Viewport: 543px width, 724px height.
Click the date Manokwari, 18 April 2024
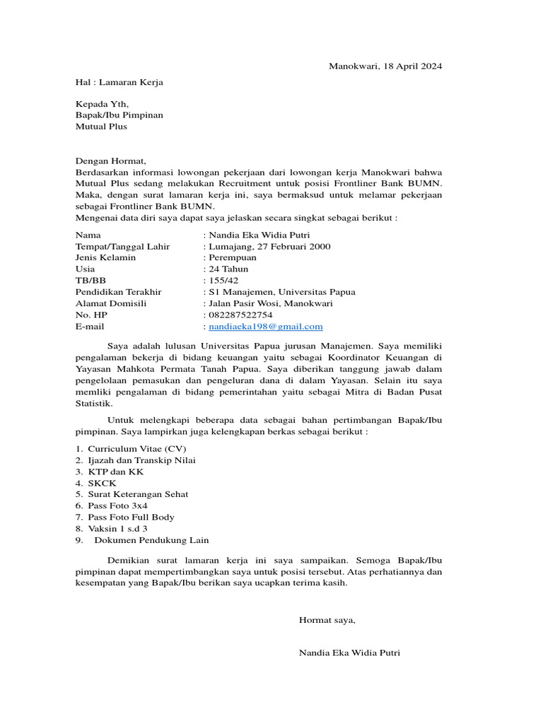coord(385,66)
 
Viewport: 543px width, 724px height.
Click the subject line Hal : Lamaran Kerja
coord(119,82)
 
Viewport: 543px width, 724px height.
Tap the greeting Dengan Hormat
coord(110,161)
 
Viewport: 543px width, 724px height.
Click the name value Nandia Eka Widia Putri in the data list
coord(259,235)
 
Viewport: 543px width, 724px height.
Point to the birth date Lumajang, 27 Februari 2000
coord(269,247)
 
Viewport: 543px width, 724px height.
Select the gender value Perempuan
coord(233,258)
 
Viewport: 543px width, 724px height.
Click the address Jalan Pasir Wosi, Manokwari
coord(270,303)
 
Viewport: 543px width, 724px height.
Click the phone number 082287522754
coord(240,315)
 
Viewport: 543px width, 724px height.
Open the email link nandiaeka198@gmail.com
coord(265,327)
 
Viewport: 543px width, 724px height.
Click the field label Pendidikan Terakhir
coord(118,292)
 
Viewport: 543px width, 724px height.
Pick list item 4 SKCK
coord(103,483)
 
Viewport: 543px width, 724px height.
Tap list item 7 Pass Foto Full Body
coord(131,517)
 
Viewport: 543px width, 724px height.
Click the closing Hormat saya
coord(327,620)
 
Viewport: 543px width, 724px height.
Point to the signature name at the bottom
coord(349,653)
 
